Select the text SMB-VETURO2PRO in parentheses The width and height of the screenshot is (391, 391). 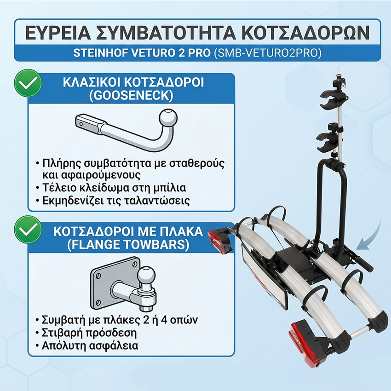[268, 53]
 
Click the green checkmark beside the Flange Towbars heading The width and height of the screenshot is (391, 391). [28, 230]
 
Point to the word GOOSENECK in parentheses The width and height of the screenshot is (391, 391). [131, 96]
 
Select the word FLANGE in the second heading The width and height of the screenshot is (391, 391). [96, 245]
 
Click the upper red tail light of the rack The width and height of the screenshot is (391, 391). [221, 241]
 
